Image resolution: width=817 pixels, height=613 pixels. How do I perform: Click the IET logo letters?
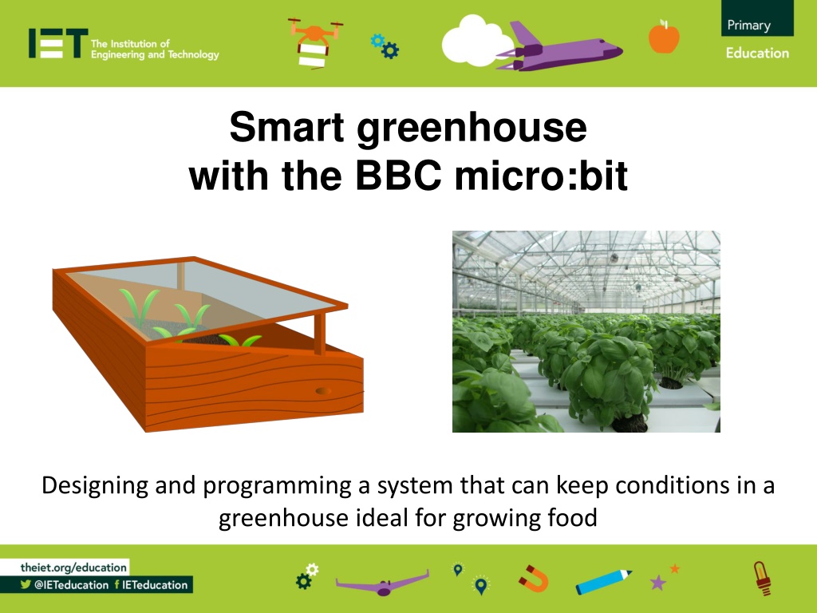58,43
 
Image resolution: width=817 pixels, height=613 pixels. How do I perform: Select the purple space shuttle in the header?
559,47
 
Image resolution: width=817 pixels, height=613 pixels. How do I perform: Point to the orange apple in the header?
664,37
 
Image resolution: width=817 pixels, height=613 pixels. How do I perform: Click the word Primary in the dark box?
748,25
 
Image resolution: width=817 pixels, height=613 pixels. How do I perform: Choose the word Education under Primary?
757,53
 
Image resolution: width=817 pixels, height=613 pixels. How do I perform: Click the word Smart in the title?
286,127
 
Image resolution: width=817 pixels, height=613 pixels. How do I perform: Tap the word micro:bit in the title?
541,176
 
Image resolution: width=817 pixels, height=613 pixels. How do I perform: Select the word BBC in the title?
398,176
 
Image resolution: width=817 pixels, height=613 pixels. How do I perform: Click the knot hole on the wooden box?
323,390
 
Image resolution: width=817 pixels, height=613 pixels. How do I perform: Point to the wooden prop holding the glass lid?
320,332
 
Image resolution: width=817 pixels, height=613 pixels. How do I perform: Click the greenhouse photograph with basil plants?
586,331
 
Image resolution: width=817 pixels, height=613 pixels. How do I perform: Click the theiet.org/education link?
73,568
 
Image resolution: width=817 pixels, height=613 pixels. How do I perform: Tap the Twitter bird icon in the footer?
26,584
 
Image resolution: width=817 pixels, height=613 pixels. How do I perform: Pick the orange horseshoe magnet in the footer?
534,579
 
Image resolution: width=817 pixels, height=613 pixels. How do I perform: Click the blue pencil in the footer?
604,582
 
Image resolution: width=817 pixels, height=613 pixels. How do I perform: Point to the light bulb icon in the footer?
763,578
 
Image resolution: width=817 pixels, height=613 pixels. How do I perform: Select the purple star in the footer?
658,582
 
